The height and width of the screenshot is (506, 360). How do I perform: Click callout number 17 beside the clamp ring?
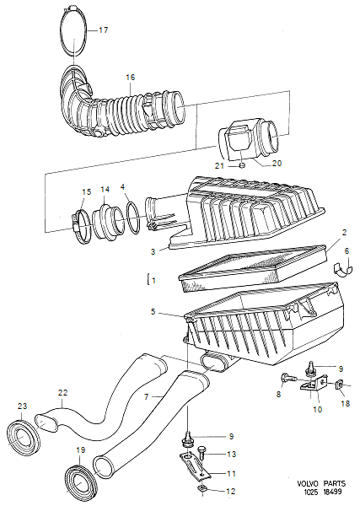[104, 30]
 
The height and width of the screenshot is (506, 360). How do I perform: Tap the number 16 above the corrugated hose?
[130, 77]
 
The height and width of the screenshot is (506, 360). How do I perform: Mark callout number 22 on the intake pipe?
[62, 392]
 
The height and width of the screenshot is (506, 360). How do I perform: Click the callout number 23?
[22, 405]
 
